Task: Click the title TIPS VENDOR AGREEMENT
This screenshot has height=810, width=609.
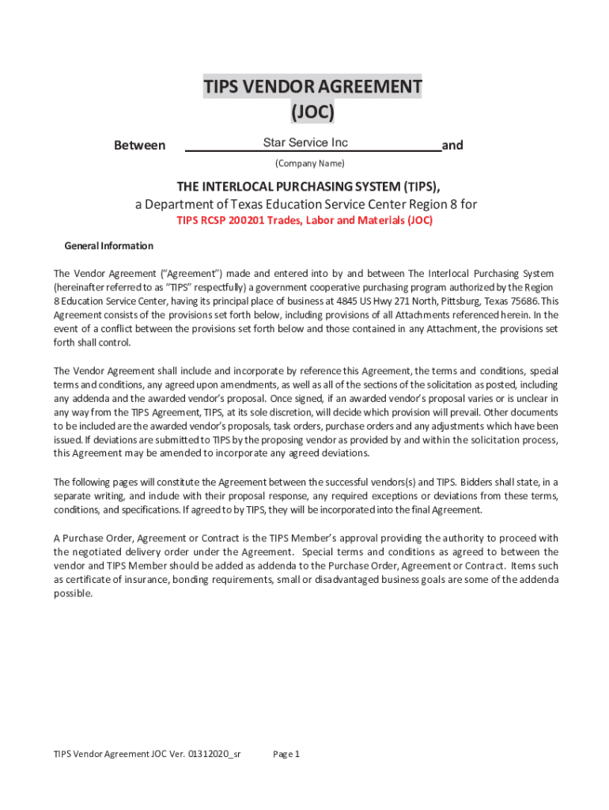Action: coord(312,86)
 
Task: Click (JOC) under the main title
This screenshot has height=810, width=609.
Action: coord(312,113)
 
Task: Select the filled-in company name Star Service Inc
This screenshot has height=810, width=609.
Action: coord(305,143)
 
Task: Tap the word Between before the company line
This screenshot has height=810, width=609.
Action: coord(140,146)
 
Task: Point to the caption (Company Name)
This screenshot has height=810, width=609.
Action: coord(309,164)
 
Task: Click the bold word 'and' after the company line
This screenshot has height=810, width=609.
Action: coord(452,146)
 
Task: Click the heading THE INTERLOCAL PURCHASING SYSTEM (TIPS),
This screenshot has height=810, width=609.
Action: coord(308,187)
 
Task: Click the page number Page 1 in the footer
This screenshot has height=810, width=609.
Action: coord(286,754)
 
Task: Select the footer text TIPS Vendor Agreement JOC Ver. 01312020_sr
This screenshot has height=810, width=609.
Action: coord(146,754)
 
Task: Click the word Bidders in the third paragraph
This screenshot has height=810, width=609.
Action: coord(477,482)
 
